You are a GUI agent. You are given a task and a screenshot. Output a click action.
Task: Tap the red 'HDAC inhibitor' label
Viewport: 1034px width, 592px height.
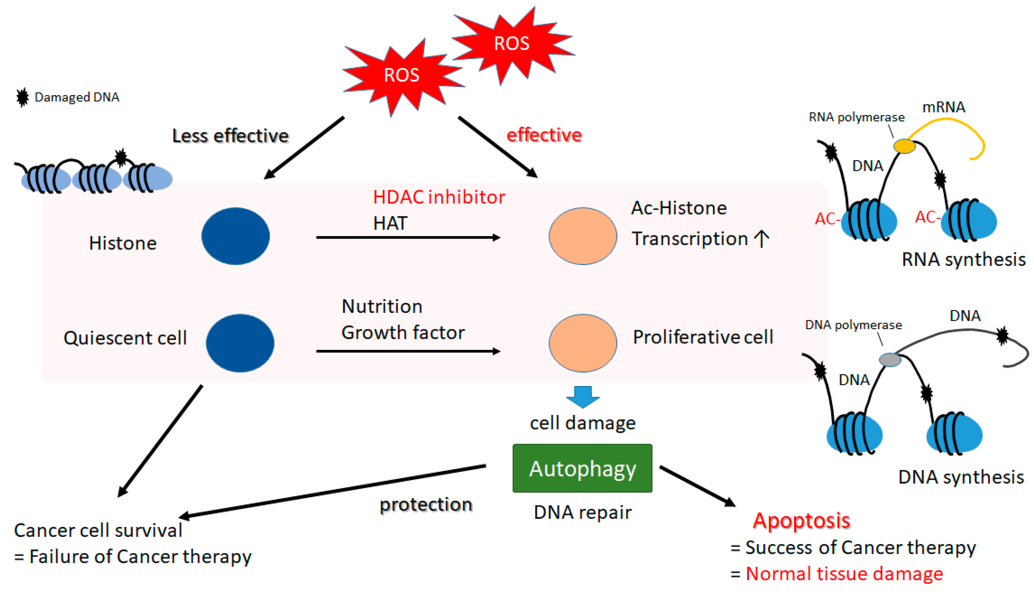[439, 197]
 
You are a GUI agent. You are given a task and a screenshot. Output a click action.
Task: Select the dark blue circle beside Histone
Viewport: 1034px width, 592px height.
[236, 236]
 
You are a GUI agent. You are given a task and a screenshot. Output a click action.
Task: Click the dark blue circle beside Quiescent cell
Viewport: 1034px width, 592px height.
[240, 343]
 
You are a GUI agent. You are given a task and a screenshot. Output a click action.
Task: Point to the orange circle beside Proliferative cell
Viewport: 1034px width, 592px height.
[583, 343]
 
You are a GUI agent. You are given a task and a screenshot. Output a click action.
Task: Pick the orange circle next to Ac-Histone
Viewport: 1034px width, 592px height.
[583, 236]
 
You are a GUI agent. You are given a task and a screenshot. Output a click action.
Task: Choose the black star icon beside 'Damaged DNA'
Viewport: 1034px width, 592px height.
[22, 97]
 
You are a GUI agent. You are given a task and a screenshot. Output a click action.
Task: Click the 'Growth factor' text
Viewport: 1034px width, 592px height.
[403, 333]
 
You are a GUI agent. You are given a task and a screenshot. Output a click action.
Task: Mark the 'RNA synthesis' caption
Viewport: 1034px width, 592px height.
[964, 259]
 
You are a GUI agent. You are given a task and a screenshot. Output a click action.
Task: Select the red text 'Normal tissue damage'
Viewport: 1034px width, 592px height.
[844, 574]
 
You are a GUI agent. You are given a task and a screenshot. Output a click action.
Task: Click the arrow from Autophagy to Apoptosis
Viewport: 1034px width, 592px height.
[697, 486]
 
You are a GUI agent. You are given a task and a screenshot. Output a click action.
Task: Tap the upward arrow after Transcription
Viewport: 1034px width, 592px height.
[761, 239]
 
